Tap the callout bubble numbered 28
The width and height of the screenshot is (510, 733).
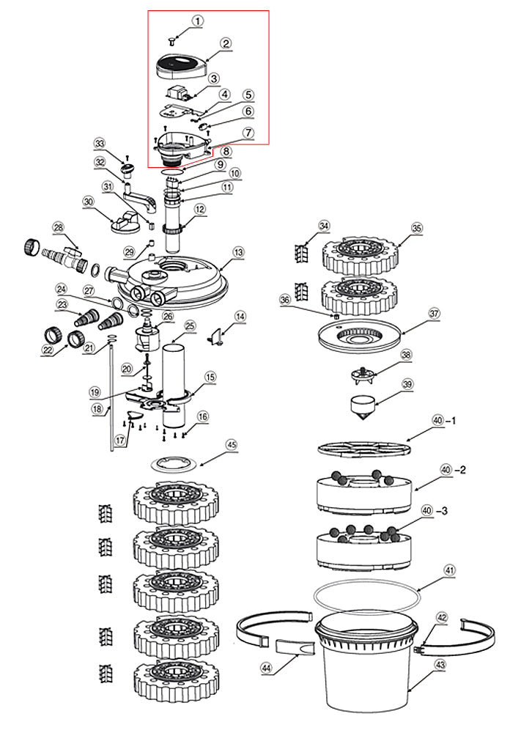coord(59,228)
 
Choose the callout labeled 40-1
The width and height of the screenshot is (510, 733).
coord(438,421)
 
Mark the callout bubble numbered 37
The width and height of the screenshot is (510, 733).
coord(434,313)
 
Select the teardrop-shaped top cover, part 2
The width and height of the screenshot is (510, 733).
coord(182,68)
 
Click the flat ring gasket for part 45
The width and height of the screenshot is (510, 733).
coord(176,463)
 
